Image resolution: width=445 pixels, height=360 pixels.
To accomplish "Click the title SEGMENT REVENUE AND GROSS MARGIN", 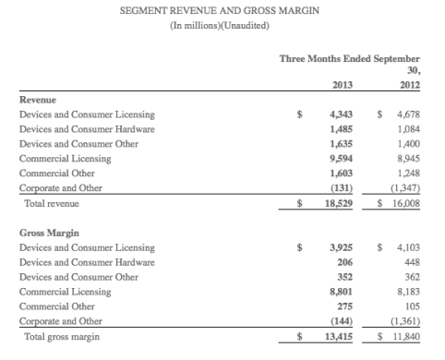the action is pos(220,10).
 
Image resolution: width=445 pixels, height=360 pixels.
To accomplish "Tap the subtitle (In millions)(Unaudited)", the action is pos(220,25).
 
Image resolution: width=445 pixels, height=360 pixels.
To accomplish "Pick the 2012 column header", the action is pos(409,85).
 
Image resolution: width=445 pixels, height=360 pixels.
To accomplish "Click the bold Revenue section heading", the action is pos(39,100).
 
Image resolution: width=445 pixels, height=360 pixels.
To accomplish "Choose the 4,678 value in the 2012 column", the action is pos(407,114).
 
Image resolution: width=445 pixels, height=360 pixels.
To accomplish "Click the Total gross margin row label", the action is pos(61,337).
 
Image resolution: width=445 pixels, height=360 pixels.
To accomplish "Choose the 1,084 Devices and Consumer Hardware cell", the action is pos(407,129).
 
